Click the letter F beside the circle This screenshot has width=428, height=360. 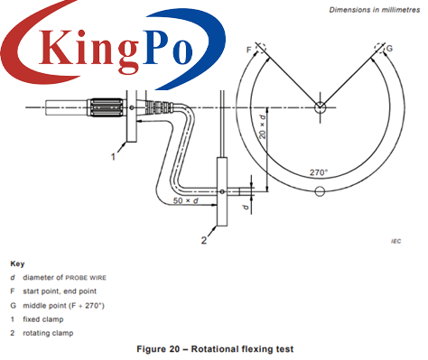[247, 46]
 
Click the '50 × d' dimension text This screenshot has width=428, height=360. [185, 200]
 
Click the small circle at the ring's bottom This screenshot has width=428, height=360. [319, 190]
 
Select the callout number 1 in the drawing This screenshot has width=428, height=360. [113, 156]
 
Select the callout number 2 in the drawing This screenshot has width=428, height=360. [204, 241]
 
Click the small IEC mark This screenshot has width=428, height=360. [395, 241]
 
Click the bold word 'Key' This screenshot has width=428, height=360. [17, 264]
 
